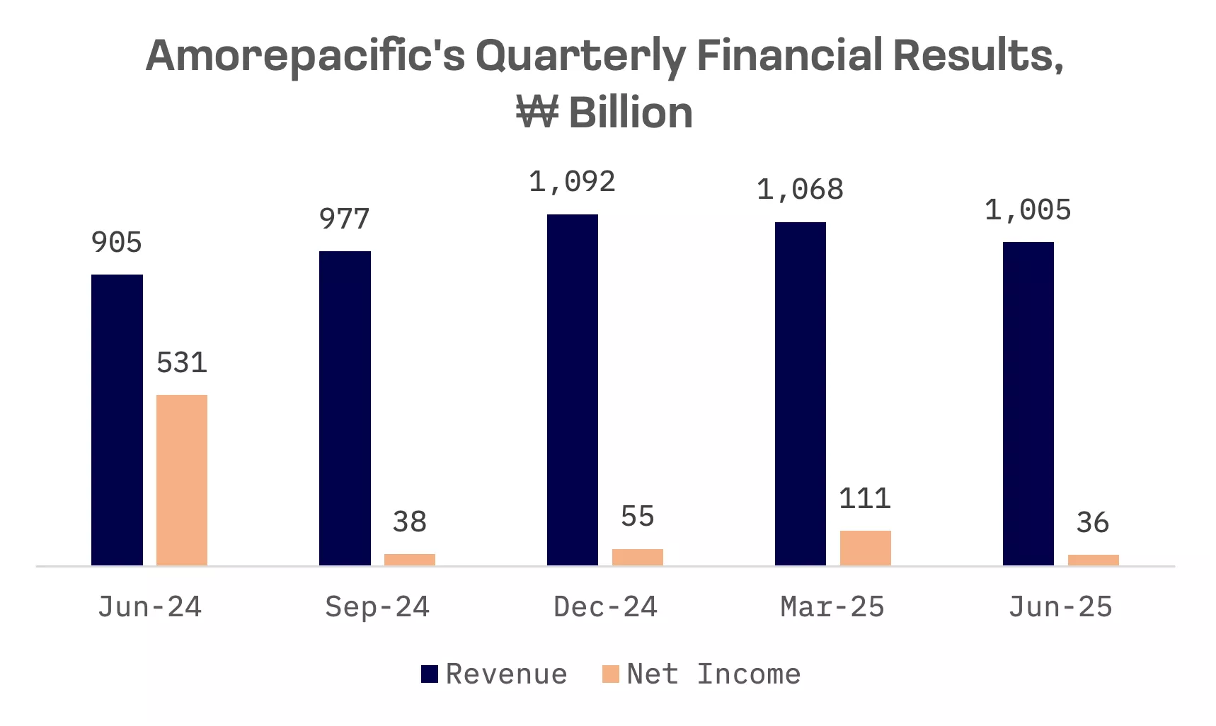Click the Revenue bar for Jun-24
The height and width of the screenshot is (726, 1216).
(117, 420)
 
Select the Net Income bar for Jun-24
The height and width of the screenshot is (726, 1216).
(182, 480)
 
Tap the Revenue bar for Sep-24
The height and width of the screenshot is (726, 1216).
(345, 408)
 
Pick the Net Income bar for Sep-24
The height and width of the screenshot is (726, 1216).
(410, 560)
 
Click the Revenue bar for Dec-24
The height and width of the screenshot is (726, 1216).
(573, 390)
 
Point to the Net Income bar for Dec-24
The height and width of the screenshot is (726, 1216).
(638, 557)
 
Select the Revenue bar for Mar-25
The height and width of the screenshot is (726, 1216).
(801, 393)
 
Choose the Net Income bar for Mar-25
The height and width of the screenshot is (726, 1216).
(866, 548)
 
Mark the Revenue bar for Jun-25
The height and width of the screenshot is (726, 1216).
(1028, 403)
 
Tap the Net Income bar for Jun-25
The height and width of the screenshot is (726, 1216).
(1094, 560)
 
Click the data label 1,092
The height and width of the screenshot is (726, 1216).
(572, 183)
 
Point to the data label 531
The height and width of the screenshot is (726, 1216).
(182, 363)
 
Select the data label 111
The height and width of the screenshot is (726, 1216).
(865, 499)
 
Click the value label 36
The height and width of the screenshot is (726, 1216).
(1093, 523)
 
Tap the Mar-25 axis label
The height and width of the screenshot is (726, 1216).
(832, 607)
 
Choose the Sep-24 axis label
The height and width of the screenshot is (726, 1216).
(377, 607)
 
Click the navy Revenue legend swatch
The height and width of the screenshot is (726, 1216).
(430, 674)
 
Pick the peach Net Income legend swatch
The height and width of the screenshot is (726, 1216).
(610, 674)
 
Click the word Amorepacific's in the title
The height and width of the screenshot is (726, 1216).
(305, 56)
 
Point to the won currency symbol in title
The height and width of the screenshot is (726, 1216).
(537, 113)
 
